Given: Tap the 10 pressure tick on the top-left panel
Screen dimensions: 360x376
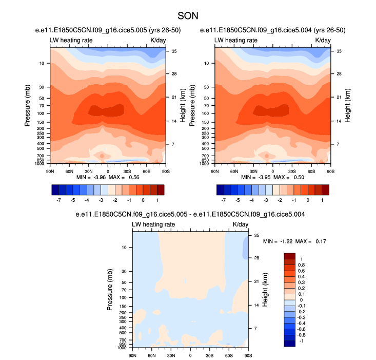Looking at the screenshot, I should (41, 63).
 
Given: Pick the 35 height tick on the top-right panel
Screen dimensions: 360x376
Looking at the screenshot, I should (339, 51).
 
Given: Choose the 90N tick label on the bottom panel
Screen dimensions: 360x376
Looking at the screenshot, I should (132, 355).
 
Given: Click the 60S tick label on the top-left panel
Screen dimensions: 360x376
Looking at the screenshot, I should (146, 170).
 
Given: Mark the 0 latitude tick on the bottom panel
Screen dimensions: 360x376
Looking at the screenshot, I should (190, 355).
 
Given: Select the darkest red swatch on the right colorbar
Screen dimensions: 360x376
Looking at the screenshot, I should (325, 190).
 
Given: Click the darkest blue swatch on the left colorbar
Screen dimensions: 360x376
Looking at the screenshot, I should (56, 190).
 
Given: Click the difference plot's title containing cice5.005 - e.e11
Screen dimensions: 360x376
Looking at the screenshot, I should (190, 215).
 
